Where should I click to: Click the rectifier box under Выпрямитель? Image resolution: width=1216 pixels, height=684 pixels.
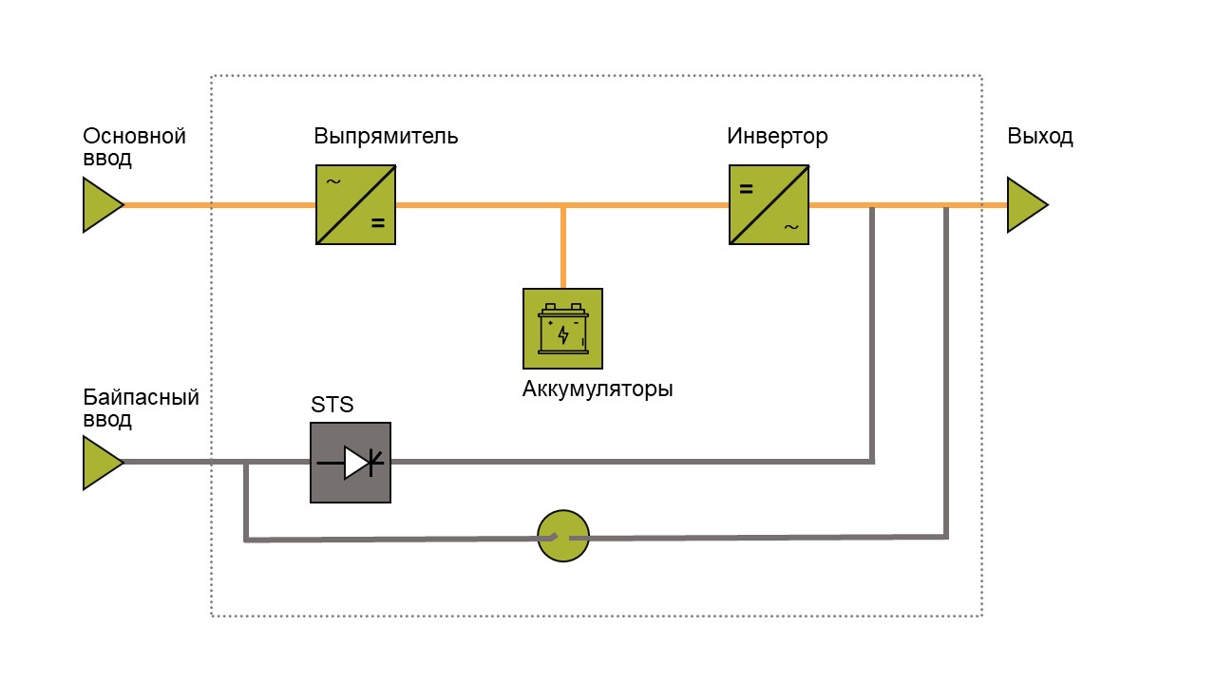[355, 204]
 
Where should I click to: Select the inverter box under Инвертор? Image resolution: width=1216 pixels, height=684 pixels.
[769, 204]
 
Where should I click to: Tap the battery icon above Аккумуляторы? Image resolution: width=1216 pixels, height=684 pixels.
[563, 329]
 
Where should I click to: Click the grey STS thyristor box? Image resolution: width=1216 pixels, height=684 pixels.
[351, 463]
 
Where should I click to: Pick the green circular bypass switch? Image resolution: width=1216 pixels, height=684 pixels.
[563, 536]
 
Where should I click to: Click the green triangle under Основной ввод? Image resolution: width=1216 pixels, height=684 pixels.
[104, 204]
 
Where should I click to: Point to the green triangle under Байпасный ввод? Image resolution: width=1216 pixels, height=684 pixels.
[104, 463]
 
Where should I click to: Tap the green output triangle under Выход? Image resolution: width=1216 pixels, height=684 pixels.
[1028, 204]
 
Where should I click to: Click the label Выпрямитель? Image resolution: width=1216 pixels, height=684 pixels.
[386, 136]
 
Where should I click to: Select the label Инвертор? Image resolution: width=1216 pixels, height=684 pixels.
[777, 136]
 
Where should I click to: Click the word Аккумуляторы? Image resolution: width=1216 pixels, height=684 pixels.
[598, 389]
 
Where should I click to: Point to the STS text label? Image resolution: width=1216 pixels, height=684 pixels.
[332, 405]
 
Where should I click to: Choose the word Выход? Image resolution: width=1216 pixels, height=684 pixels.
[1040, 136]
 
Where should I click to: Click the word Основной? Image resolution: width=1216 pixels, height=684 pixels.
[134, 136]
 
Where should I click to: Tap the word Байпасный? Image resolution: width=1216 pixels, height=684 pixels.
[142, 397]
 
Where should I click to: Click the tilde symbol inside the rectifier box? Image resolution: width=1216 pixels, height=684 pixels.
[333, 181]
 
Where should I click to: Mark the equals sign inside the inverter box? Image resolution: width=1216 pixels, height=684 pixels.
[747, 189]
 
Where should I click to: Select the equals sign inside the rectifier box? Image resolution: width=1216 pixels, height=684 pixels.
[378, 222]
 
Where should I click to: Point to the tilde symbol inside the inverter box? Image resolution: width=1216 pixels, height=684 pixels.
[791, 227]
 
